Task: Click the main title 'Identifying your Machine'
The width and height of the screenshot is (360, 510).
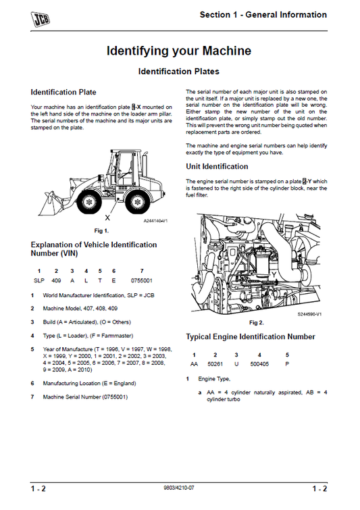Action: click(179, 51)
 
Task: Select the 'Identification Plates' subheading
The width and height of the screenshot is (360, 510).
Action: click(179, 71)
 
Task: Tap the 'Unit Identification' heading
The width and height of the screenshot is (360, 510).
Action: click(217, 166)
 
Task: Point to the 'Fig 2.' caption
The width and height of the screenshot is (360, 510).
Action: click(257, 323)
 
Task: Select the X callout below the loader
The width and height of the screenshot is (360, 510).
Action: click(107, 218)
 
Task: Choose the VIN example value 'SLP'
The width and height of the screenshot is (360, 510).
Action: click(39, 280)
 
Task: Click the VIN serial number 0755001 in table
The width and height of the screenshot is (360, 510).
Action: click(141, 280)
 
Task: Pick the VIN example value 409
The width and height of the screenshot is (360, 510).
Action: click(56, 280)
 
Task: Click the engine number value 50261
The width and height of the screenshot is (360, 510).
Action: click(215, 363)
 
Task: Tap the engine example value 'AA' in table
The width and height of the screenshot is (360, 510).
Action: click(194, 363)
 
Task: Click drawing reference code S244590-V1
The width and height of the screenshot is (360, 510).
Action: click(309, 314)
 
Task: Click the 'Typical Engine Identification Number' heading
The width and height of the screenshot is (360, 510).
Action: click(250, 336)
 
